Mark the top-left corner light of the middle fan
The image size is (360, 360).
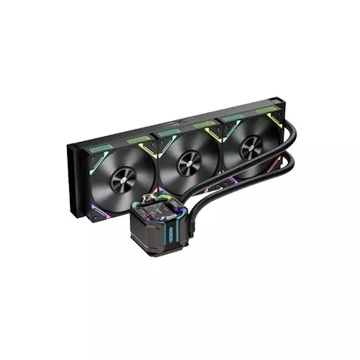coord(161,137)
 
